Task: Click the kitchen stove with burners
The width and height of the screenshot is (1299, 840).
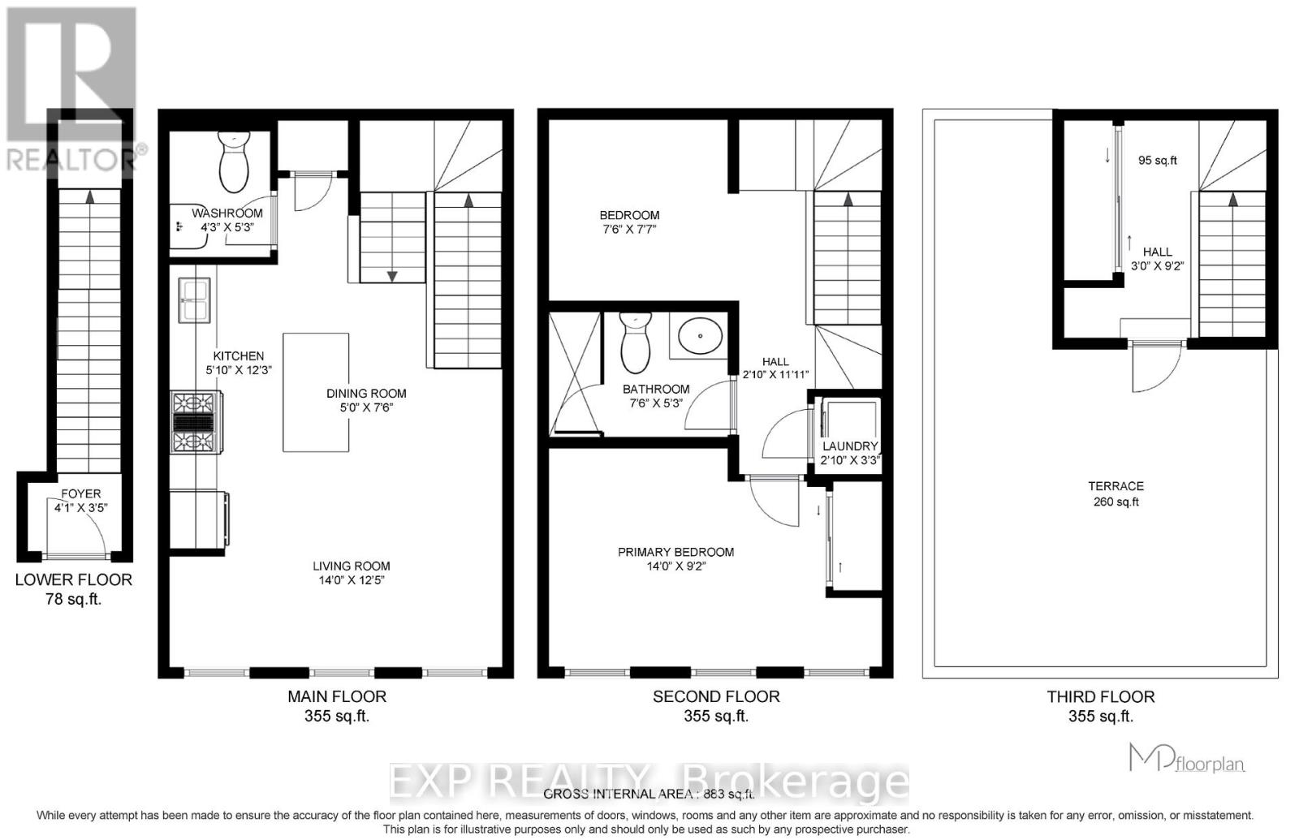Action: click(x=196, y=422)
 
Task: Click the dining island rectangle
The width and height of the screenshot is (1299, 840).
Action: click(x=316, y=391)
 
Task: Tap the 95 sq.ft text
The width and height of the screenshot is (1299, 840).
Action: click(x=1157, y=161)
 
